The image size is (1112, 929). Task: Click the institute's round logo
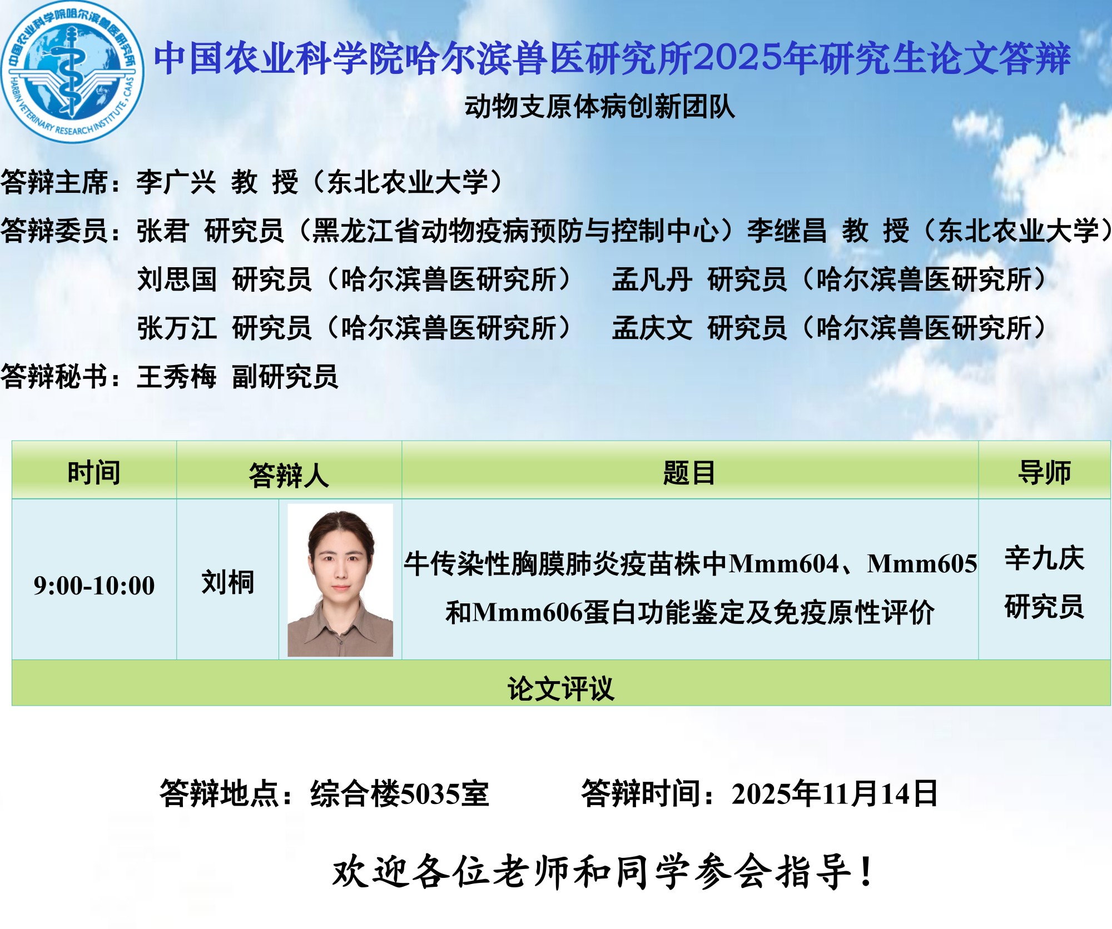tap(72, 72)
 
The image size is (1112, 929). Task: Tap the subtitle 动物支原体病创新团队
tap(599, 107)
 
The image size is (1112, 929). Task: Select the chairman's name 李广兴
tap(176, 182)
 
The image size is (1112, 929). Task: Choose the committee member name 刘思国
tap(177, 279)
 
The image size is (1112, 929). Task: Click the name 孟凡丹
tap(652, 279)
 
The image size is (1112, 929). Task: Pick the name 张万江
tap(177, 328)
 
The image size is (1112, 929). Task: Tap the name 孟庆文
tap(652, 328)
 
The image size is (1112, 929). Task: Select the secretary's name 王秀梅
tap(177, 377)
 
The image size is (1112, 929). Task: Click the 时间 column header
tap(94, 473)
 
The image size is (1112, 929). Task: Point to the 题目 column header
tap(689, 473)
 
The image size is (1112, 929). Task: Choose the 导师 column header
tap(1044, 473)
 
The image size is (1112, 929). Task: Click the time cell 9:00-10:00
tap(94, 586)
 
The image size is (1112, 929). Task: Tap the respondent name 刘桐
tap(227, 582)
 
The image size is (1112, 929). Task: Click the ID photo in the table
tap(340, 580)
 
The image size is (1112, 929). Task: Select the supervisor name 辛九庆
tap(1044, 558)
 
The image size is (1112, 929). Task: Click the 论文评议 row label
tap(560, 689)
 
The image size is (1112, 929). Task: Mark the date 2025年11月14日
tap(835, 794)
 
